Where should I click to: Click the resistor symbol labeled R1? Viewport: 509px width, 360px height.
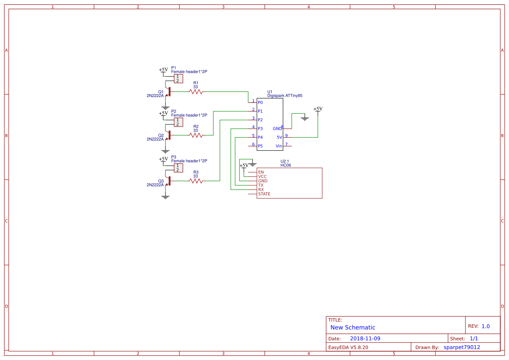(196, 92)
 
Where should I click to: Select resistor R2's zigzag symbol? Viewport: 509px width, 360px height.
(196, 135)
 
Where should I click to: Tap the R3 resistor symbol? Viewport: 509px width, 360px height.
(196, 181)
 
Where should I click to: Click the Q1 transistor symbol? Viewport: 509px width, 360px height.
(168, 92)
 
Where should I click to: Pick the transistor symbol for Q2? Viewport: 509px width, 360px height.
(168, 135)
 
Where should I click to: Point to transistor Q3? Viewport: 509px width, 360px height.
(168, 181)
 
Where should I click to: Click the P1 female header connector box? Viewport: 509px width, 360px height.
(178, 79)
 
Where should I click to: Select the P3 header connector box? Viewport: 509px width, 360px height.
(178, 168)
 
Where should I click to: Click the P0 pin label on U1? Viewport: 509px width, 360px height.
(260, 103)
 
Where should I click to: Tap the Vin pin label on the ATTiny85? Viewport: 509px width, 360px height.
(279, 146)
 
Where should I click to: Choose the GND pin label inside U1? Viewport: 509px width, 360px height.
(277, 129)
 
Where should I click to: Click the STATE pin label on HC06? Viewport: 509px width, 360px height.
(264, 194)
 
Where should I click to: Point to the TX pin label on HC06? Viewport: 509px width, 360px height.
(260, 185)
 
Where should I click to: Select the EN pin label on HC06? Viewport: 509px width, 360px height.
(260, 172)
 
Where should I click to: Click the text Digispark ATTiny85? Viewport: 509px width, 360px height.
(285, 95)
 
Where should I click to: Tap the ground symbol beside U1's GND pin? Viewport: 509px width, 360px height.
(305, 118)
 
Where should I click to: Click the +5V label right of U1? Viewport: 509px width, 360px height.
(318, 109)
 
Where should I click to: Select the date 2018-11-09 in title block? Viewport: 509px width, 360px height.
(365, 339)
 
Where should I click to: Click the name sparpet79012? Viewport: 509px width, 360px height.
(462, 347)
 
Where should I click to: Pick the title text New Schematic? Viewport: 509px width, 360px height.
(353, 327)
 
